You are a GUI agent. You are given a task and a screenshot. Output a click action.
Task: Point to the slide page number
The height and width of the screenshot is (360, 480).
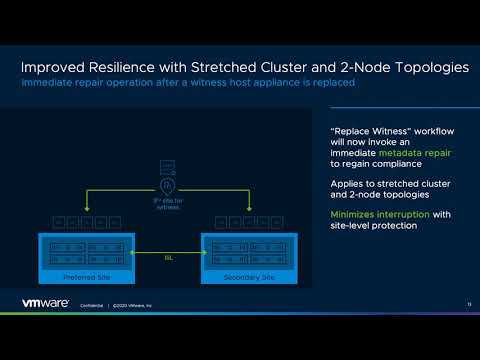468,303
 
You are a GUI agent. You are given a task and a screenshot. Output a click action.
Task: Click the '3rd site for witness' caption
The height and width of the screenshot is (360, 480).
168,204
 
